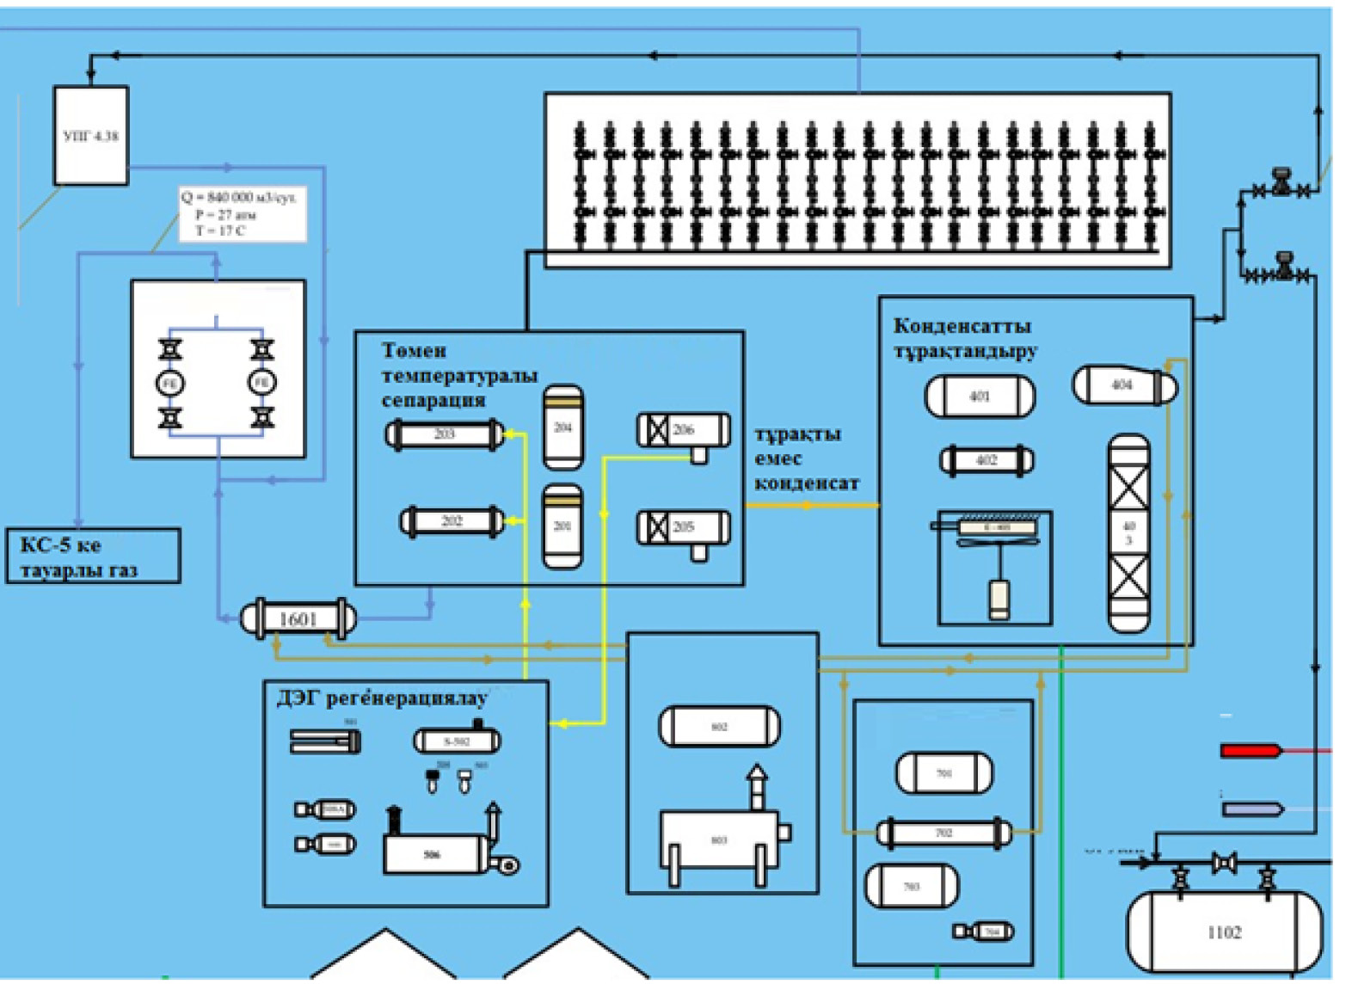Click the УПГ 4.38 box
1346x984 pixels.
(91, 136)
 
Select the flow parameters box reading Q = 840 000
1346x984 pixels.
(242, 214)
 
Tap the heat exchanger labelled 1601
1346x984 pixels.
(298, 618)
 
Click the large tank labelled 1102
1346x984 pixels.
(1225, 932)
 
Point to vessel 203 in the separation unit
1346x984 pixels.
(444, 434)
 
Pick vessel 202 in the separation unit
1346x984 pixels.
(452, 521)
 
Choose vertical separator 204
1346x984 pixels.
(563, 427)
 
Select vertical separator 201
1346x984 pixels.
(562, 526)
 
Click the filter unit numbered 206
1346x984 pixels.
(684, 430)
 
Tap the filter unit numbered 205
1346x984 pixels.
(684, 527)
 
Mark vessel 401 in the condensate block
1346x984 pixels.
(980, 397)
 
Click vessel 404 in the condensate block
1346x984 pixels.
(1123, 385)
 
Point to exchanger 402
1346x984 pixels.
(986, 460)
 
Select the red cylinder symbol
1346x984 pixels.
(1250, 751)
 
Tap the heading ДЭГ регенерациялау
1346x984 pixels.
(382, 698)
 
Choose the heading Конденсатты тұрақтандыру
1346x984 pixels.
(965, 338)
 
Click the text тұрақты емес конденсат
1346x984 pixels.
(806, 458)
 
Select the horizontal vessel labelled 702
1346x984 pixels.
(944, 833)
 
